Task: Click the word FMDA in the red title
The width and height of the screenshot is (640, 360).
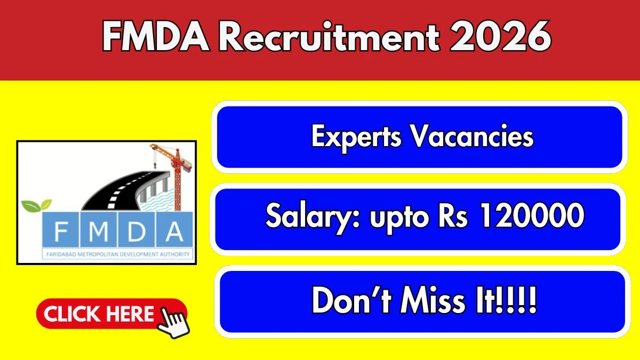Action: tap(156, 37)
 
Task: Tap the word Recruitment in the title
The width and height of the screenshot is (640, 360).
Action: tap(329, 37)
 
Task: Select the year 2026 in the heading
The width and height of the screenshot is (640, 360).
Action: tap(500, 36)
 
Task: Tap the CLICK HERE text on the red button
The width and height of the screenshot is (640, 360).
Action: tap(99, 314)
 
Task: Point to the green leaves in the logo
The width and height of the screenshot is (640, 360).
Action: tap(37, 205)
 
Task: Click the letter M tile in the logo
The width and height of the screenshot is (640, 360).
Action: tap(99, 229)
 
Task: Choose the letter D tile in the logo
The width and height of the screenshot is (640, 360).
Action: tap(137, 229)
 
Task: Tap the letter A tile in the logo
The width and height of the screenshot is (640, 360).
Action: tap(174, 229)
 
